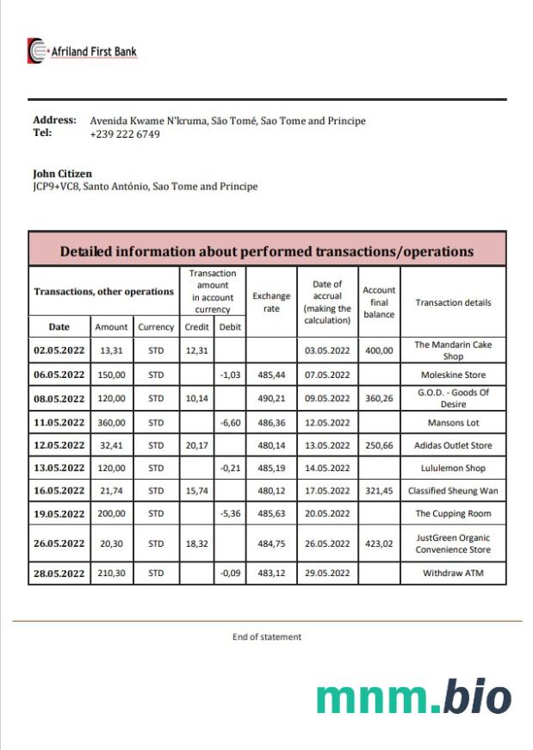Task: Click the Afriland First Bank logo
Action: [83, 52]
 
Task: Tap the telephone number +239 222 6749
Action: [125, 134]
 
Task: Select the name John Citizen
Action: [62, 174]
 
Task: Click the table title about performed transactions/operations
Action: [266, 251]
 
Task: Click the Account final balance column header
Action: [379, 302]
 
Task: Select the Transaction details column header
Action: [453, 302]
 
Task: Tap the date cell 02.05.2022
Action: [59, 350]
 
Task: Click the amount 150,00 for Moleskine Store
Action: [111, 375]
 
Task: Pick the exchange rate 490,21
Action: [271, 399]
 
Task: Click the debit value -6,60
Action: [230, 423]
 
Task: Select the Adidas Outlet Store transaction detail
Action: [453, 445]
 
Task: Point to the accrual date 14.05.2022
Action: [326, 468]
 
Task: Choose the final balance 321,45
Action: [379, 491]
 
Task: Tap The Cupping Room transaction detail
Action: [453, 513]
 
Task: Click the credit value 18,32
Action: [197, 544]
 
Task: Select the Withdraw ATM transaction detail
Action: [453, 573]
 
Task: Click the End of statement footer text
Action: [267, 637]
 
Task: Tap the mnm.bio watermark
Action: [413, 697]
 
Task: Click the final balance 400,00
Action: [379, 350]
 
